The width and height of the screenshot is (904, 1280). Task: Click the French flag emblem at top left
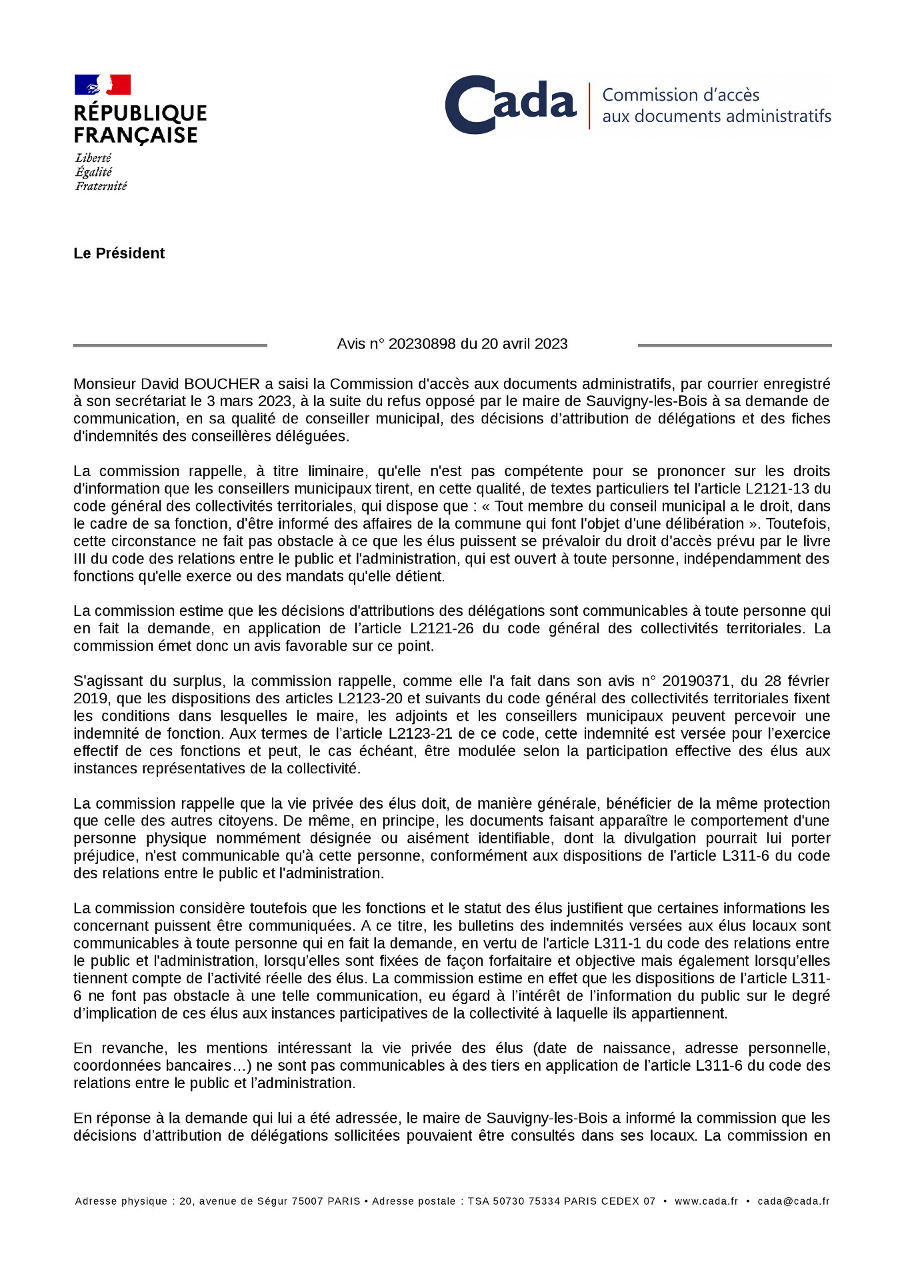point(102,85)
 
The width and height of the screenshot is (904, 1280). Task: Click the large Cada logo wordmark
point(510,105)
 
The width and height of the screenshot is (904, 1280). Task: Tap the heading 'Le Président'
point(119,253)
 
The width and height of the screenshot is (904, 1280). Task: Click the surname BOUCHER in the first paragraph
point(222,384)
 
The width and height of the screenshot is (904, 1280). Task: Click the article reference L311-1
point(617,943)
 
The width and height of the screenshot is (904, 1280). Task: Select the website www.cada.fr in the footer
point(706,1201)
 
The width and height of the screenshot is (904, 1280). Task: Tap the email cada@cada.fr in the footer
point(793,1201)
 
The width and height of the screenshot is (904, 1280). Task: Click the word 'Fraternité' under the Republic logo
point(101,187)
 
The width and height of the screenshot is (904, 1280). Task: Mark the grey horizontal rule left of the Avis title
point(170,345)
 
